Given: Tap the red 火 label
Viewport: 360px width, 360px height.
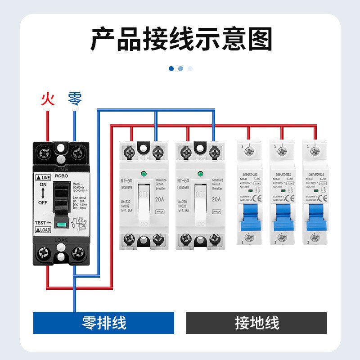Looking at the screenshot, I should coord(47,99).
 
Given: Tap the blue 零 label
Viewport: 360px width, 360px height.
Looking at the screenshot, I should coord(75,99).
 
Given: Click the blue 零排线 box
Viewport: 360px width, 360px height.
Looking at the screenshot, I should coord(103,323).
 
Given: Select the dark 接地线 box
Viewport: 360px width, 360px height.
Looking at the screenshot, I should coord(256,323).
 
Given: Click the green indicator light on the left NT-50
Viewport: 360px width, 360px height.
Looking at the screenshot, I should coord(144,174).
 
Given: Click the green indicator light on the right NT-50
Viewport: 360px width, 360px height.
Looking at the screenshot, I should coord(201,174).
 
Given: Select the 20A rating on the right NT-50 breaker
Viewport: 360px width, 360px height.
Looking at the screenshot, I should coord(216,199).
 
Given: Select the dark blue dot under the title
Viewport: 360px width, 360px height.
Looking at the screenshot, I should coord(171,68).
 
